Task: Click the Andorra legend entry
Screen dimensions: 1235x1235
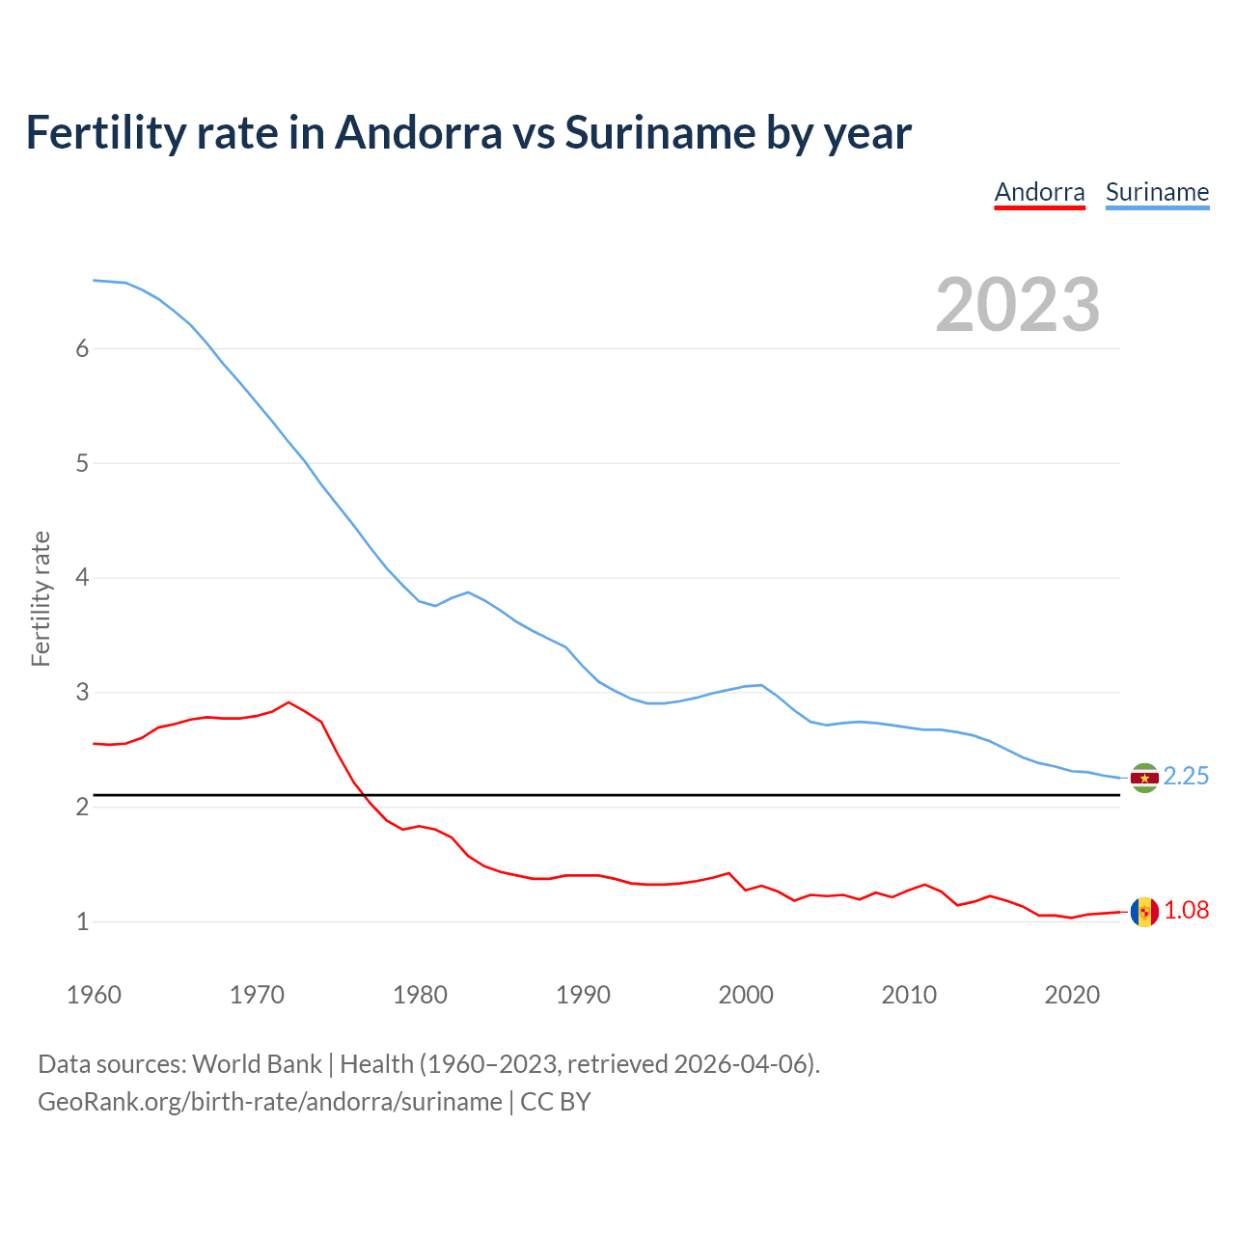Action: [1039, 192]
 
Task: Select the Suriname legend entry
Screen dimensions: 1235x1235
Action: [1157, 192]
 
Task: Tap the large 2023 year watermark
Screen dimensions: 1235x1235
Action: [1017, 305]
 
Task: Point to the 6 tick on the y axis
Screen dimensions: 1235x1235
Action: [82, 349]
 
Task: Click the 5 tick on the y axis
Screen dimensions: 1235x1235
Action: [82, 464]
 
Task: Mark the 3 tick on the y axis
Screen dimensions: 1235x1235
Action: [82, 693]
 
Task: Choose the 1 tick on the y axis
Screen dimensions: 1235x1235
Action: [82, 922]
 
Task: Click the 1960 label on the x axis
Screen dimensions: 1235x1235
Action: [94, 995]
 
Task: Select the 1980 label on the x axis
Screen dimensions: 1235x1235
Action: [420, 995]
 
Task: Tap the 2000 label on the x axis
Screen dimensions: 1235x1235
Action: [746, 995]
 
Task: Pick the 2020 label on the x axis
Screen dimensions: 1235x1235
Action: [1072, 995]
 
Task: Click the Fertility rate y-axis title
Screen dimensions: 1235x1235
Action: [41, 598]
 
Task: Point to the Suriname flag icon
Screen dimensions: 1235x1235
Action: [1144, 778]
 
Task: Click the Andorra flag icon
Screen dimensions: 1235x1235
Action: [1144, 912]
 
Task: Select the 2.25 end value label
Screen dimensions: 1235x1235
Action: [1186, 777]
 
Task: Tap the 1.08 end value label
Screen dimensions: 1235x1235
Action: [1186, 911]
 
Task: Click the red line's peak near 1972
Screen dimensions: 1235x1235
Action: [288, 702]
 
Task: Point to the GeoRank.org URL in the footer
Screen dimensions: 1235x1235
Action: [270, 1102]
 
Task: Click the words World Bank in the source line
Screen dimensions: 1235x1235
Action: [257, 1064]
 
